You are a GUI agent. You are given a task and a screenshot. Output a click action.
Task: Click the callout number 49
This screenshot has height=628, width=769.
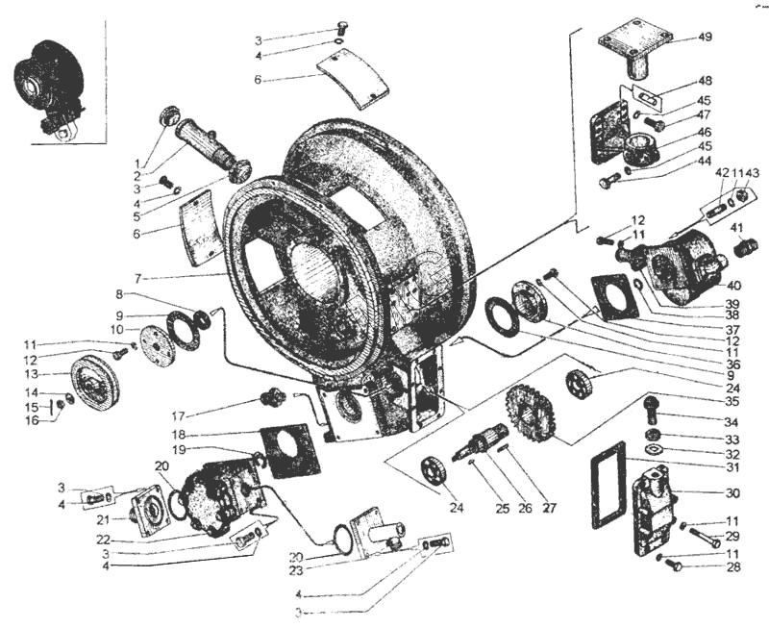(x=706, y=38)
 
